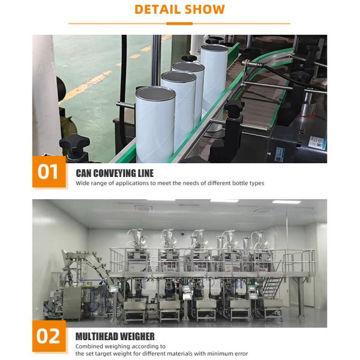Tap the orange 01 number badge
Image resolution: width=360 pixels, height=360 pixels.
pyautogui.click(x=47, y=172)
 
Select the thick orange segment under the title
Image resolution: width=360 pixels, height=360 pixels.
pyautogui.click(x=179, y=23)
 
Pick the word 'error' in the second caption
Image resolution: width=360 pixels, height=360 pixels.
pyautogui.click(x=240, y=353)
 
